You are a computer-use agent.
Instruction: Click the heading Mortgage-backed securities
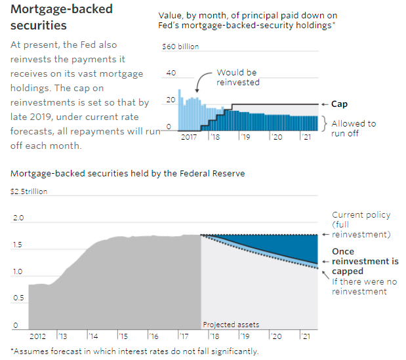62,17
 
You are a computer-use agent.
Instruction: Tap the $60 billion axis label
180,47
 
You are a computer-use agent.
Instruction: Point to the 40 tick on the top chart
172,73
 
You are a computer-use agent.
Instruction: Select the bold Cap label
339,104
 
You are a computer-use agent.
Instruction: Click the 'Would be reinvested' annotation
237,77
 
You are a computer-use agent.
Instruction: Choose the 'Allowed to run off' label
354,127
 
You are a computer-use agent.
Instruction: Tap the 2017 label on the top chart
188,137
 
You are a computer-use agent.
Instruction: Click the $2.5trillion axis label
29,191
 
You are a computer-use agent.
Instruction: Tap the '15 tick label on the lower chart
123,335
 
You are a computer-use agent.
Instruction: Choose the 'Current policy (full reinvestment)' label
361,224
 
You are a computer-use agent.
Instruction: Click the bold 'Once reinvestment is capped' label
365,261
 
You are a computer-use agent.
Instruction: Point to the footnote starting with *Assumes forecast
134,351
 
